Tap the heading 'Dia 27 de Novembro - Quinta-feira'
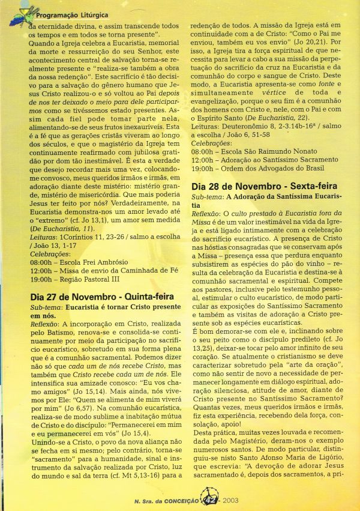pos(102,296)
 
